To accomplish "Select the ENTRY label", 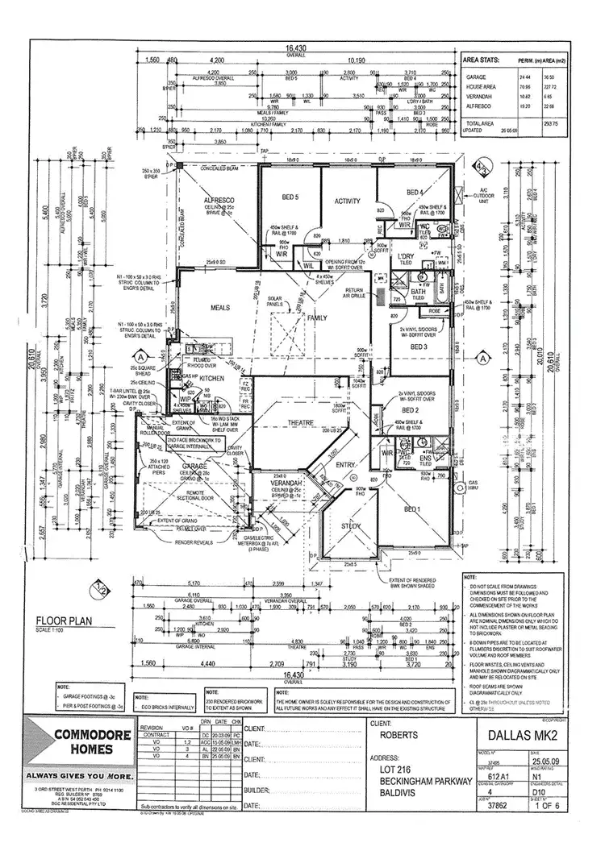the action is click(346, 465).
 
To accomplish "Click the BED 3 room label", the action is click(419, 347).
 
